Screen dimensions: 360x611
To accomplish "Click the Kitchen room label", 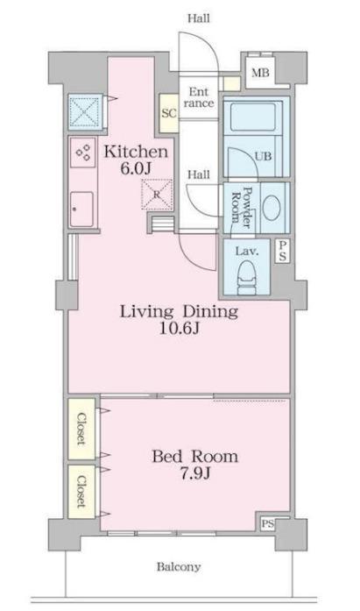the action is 136,152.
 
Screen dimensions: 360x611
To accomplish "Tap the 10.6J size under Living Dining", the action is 179,330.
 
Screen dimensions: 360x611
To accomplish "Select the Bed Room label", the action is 194,457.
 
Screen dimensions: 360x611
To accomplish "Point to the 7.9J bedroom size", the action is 194,474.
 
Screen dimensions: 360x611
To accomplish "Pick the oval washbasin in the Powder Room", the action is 272,207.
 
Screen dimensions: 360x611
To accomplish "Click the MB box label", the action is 260,73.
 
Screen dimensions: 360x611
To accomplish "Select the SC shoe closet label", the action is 169,113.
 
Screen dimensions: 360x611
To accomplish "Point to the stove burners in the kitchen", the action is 83,152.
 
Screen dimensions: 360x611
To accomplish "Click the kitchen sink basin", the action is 81,209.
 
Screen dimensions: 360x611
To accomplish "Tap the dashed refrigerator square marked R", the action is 157,195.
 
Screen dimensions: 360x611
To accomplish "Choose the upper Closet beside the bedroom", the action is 81,429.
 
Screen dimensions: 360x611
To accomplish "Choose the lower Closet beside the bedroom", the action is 81,492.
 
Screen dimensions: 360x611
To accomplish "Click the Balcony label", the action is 179,566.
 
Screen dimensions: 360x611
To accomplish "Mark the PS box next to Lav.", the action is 283,251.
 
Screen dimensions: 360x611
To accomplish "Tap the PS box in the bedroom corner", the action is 267,524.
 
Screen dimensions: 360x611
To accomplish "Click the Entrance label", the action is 199,98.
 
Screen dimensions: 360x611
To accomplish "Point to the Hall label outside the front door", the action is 199,18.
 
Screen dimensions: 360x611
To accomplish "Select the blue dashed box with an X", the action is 85,111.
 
